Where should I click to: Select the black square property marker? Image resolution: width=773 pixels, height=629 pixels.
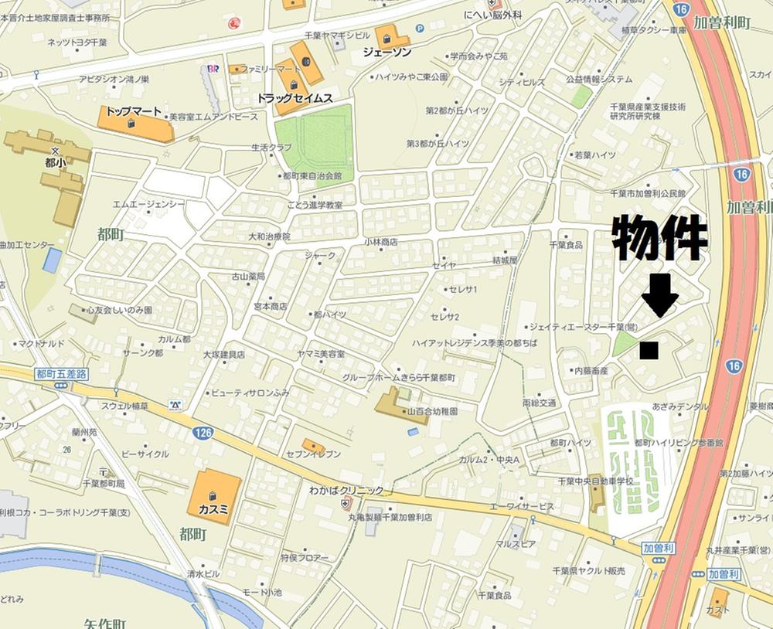(649, 351)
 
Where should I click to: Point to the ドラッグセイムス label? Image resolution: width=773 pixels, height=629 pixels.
(295, 98)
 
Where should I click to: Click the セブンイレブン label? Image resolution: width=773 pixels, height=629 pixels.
(314, 454)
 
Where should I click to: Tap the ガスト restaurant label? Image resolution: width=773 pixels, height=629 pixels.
(717, 610)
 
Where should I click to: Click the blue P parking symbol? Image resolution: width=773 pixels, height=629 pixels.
(421, 29)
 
